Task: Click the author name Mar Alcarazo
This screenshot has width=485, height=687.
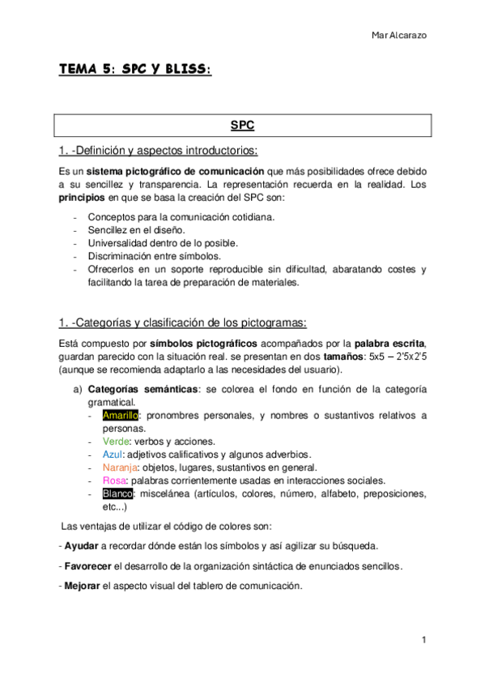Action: pos(400,35)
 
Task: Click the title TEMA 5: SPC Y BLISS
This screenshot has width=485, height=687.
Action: pos(134,70)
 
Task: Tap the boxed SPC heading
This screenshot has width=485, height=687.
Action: pos(242,126)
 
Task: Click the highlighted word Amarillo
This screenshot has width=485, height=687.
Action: pos(121,416)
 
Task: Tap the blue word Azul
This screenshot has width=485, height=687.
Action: pos(113,454)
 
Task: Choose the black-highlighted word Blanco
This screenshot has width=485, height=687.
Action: pos(118,493)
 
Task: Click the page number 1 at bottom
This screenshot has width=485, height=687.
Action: pos(423,640)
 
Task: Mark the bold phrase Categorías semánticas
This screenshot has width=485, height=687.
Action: pos(143,390)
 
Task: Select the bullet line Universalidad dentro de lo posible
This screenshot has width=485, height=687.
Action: pos(163,243)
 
